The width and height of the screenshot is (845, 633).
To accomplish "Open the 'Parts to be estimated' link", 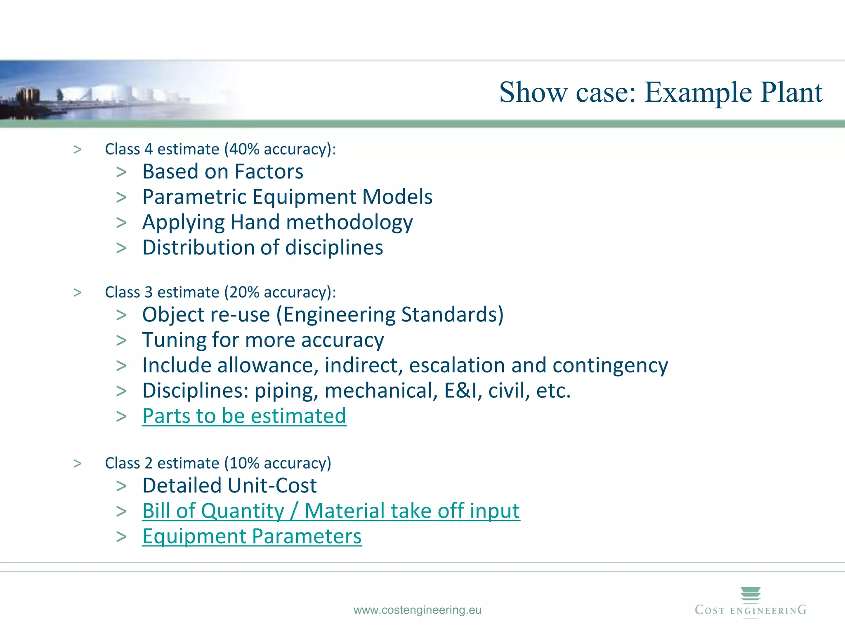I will (x=244, y=416).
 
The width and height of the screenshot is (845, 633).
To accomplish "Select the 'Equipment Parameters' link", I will (x=252, y=536).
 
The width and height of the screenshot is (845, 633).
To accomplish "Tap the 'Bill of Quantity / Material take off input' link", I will (x=331, y=511).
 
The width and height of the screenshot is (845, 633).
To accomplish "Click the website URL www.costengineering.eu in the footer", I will (x=417, y=610).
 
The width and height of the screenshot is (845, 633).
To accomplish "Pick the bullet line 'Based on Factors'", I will (x=223, y=171).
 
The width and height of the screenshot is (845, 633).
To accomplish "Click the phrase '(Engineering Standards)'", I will (x=390, y=315).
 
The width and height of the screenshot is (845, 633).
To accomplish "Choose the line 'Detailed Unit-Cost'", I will (x=229, y=485).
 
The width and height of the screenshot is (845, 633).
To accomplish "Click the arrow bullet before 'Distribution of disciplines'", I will (x=121, y=248).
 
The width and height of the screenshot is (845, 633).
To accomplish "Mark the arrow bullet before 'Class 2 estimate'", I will (x=78, y=464).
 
